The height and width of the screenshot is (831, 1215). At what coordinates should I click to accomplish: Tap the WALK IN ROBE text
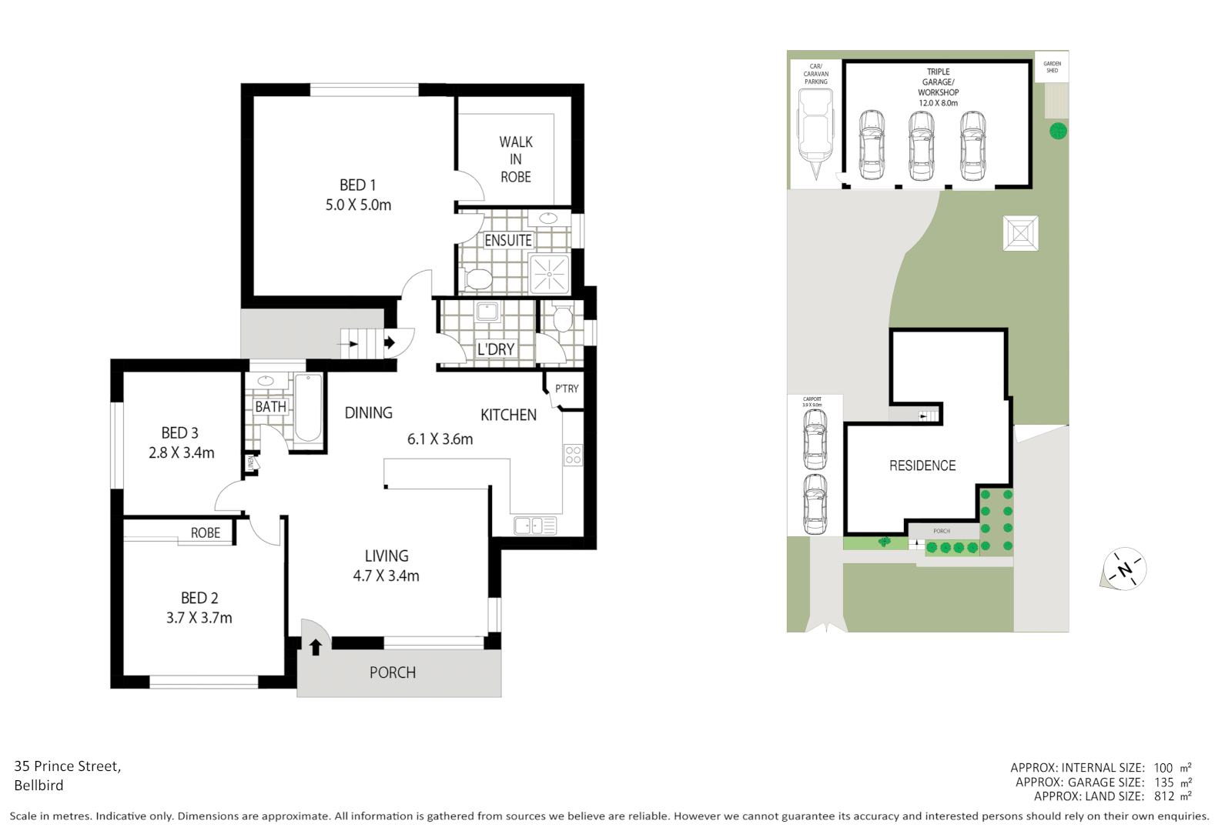coord(515,159)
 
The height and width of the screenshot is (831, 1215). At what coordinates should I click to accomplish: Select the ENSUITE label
coord(507,241)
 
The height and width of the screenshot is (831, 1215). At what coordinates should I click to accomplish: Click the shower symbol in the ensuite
coord(549,273)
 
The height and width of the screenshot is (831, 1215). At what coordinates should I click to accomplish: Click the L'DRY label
coord(495,349)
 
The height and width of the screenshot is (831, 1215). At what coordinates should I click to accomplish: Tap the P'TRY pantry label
coord(567,389)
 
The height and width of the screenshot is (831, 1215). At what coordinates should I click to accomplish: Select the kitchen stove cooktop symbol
coord(573,454)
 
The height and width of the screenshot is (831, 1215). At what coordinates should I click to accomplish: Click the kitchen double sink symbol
coord(534,526)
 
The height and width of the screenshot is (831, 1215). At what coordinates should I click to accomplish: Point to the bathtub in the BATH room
coord(308,408)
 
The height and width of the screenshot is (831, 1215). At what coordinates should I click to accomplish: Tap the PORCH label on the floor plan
coord(393,672)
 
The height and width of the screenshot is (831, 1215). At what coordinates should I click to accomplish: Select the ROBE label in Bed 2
coord(206,532)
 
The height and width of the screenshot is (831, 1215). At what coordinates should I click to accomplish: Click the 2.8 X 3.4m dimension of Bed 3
coord(182,453)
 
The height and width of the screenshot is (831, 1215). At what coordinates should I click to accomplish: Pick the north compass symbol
coord(1125,569)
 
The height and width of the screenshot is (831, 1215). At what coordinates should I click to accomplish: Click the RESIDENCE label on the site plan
coord(922,466)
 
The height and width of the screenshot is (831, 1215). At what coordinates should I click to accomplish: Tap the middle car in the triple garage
coord(922,145)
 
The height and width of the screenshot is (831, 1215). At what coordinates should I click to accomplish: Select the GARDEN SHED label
coord(1052,67)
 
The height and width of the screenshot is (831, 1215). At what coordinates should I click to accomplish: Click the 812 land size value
coord(1163,796)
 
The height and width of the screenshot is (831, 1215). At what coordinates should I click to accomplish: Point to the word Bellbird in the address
coord(38,786)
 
